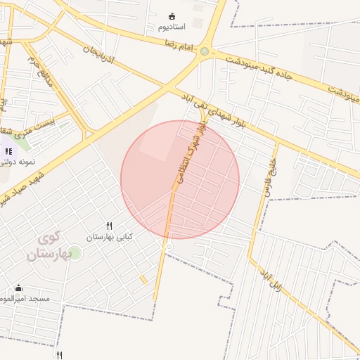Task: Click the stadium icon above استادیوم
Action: [172, 15]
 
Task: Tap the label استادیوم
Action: [172, 27]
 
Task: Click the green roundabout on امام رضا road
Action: [204, 51]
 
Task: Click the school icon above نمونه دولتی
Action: [8, 151]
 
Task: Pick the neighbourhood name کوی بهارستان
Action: [46, 246]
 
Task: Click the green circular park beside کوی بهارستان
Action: [75, 252]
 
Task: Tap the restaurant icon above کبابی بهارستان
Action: [109, 226]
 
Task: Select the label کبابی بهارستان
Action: [109, 238]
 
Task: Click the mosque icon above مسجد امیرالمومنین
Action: [18, 288]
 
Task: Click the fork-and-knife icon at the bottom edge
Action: [60, 356]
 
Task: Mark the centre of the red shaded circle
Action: [180, 179]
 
